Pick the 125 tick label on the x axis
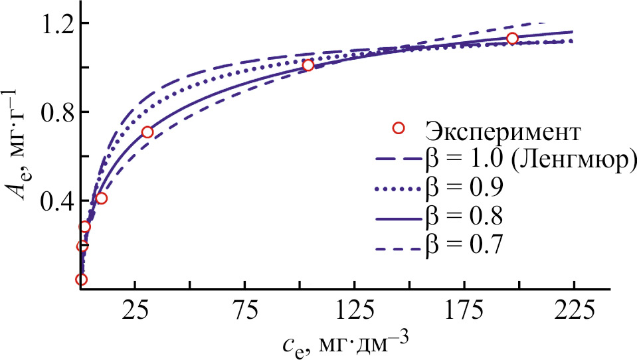(x=354, y=311)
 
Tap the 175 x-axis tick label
(x=464, y=311)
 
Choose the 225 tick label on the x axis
(x=573, y=311)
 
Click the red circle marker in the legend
(x=399, y=128)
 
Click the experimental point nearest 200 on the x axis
(x=512, y=39)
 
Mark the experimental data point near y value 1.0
(x=308, y=65)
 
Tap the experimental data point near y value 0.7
(x=147, y=132)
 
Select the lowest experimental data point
(x=81, y=280)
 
